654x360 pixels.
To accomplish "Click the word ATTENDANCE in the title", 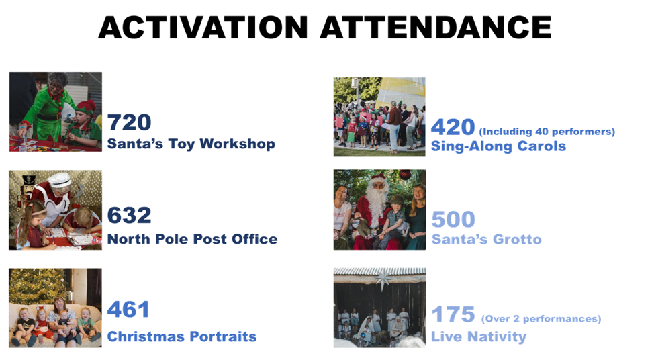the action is click(436, 28).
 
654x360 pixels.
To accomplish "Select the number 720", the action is click(130, 122).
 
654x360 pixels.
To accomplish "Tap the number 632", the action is click(130, 215).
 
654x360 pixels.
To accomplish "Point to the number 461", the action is click(128, 310).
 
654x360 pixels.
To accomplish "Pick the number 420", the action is click(453, 127).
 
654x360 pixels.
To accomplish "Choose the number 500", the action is click(453, 220).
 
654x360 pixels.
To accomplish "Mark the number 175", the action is click(453, 314).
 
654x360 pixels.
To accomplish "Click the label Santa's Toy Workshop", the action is click(191, 144).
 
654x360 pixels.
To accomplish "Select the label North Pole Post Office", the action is click(192, 239).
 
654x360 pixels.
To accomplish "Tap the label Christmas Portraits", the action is click(182, 336).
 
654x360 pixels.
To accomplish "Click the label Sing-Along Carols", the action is click(498, 146).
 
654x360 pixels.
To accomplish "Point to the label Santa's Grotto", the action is click(486, 240).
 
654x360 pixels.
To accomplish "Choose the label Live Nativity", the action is click(479, 336).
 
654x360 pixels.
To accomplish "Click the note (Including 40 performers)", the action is click(547, 132).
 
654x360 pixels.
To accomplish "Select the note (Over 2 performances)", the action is click(541, 319).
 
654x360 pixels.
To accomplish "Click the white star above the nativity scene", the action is click(383, 279).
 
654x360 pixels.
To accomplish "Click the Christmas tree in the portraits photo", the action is click(37, 285).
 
